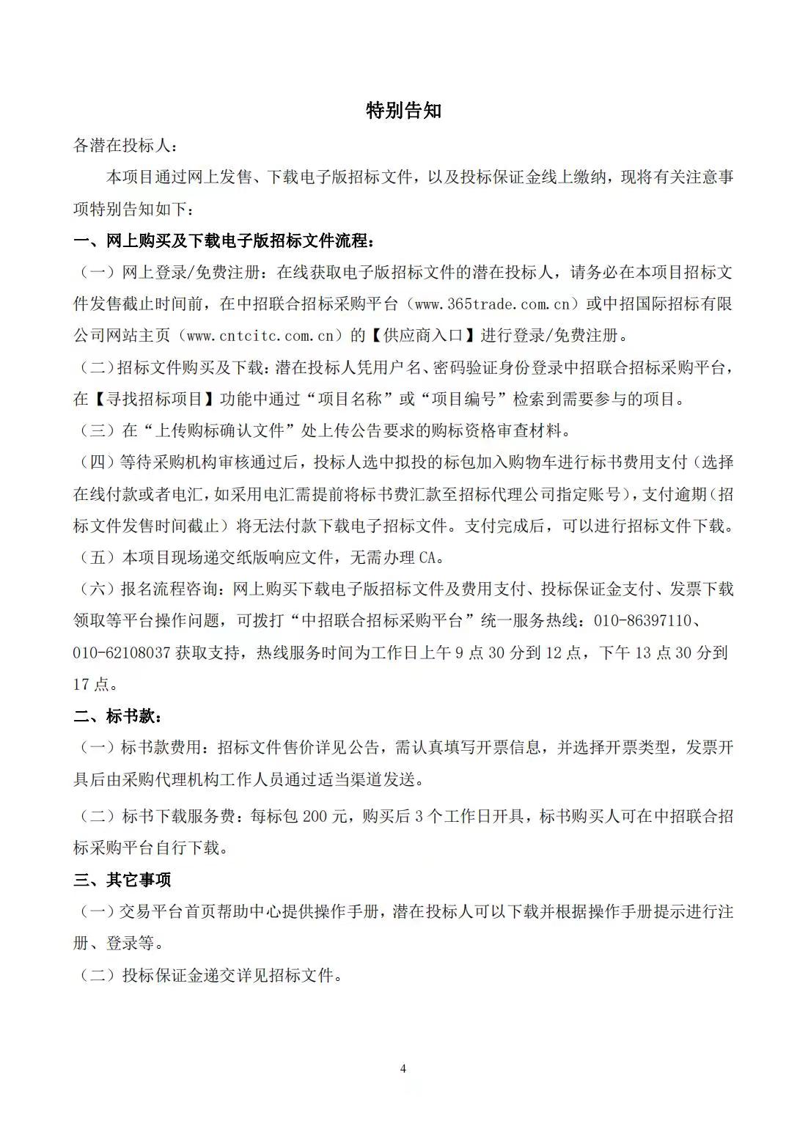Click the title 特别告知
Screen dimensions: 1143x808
coord(403,111)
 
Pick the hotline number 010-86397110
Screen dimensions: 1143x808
coord(642,621)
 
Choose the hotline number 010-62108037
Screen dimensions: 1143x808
coord(122,653)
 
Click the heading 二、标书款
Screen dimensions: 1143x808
coord(117,716)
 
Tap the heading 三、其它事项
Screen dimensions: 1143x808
coord(122,880)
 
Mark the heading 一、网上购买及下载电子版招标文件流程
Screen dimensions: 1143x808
coord(227,240)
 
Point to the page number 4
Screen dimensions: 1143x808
coord(403,1068)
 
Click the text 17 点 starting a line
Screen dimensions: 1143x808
coord(91,684)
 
